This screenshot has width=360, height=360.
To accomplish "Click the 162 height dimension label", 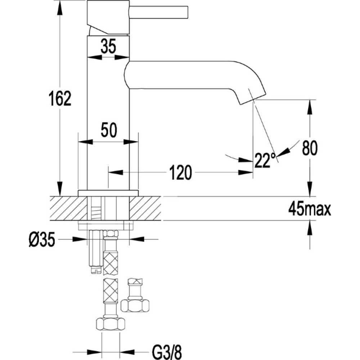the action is pyautogui.click(x=60, y=99).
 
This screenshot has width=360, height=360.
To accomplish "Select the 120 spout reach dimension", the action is pyautogui.click(x=180, y=172).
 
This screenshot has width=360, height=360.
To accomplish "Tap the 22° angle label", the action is pyautogui.click(x=265, y=160).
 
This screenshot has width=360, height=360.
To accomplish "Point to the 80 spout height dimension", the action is pyautogui.click(x=310, y=148).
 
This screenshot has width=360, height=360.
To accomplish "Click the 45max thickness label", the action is pyautogui.click(x=310, y=209).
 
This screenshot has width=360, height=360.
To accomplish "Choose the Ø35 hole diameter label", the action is pyautogui.click(x=42, y=239).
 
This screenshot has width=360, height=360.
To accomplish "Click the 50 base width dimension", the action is pyautogui.click(x=109, y=130).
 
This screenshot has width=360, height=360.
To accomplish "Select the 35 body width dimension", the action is pyautogui.click(x=108, y=46).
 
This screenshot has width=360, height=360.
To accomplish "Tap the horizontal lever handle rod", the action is pyautogui.click(x=159, y=12).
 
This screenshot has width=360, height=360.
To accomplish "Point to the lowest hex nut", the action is pyautogui.click(x=111, y=324).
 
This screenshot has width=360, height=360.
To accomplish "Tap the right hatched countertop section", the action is pyautogui.click(x=145, y=208).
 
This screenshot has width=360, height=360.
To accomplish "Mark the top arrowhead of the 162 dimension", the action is pyautogui.click(x=60, y=7).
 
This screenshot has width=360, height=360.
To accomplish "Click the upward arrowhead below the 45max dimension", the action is pyautogui.click(x=310, y=228).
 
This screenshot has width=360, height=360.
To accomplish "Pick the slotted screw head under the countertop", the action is pyautogui.click(x=96, y=270).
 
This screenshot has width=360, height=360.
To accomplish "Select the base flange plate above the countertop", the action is pyautogui.click(x=108, y=193).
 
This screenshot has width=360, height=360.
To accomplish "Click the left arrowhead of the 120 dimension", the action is pyautogui.click(x=116, y=172).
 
